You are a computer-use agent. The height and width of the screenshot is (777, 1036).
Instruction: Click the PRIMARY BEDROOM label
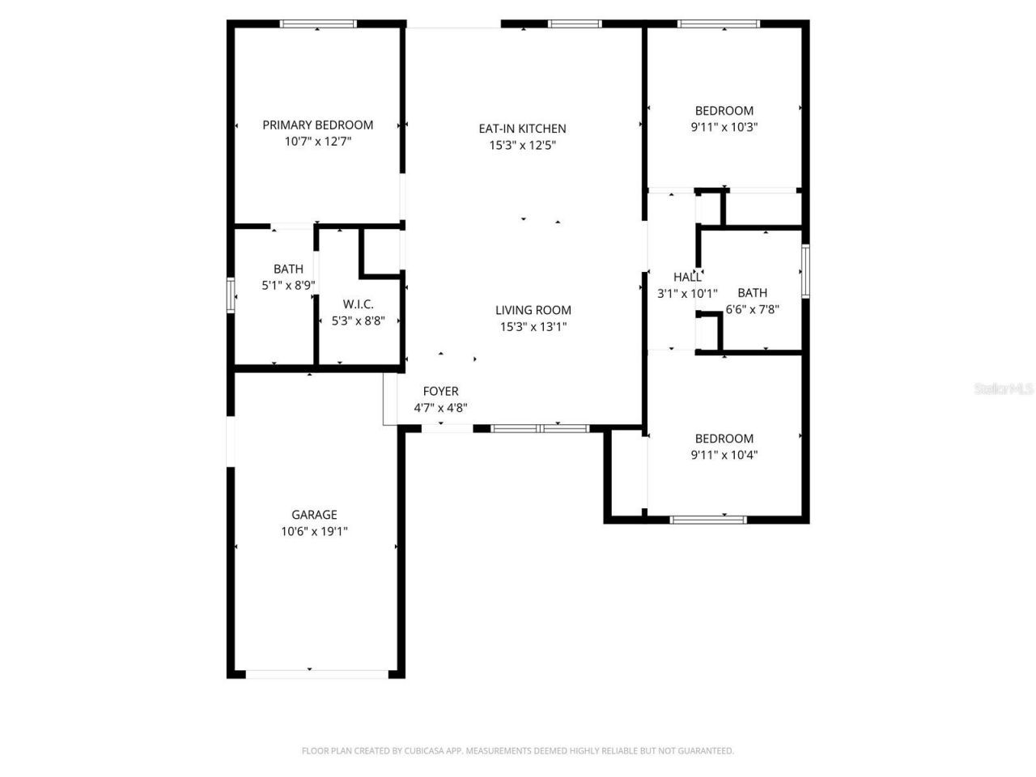pyautogui.click(x=317, y=125)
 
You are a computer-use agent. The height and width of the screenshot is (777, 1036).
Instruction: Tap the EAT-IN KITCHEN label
pyautogui.click(x=522, y=129)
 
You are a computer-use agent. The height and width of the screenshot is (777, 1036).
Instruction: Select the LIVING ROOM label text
pyautogui.click(x=533, y=310)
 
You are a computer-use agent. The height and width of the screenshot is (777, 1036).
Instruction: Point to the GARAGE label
pyautogui.click(x=314, y=515)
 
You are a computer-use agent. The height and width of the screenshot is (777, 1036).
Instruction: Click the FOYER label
pyautogui.click(x=440, y=392)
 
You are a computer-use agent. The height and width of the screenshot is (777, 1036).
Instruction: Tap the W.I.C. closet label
pyautogui.click(x=358, y=304)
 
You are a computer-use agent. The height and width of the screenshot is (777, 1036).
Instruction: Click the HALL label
pyautogui.click(x=687, y=278)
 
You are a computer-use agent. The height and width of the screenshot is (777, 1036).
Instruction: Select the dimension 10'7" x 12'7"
pyautogui.click(x=317, y=142)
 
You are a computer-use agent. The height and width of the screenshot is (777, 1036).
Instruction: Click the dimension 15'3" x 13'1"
pyautogui.click(x=533, y=327)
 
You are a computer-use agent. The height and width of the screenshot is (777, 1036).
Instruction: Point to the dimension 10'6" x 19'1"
pyautogui.click(x=314, y=532)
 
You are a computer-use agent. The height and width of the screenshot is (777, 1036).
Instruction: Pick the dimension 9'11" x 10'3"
pyautogui.click(x=724, y=127)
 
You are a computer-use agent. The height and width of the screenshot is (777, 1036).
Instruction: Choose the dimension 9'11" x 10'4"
pyautogui.click(x=724, y=455)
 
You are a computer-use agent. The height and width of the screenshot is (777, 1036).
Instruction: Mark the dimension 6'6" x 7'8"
pyautogui.click(x=752, y=308)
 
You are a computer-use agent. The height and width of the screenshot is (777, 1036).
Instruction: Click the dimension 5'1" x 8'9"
pyautogui.click(x=288, y=286)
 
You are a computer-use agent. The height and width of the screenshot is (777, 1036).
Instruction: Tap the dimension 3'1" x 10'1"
pyautogui.click(x=687, y=294)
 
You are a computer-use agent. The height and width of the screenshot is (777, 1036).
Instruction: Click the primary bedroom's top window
pyautogui.click(x=317, y=24)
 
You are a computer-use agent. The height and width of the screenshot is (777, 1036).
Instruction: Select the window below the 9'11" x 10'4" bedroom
pyautogui.click(x=708, y=520)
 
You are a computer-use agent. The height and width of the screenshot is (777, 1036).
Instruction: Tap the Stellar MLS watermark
pyautogui.click(x=1004, y=389)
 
